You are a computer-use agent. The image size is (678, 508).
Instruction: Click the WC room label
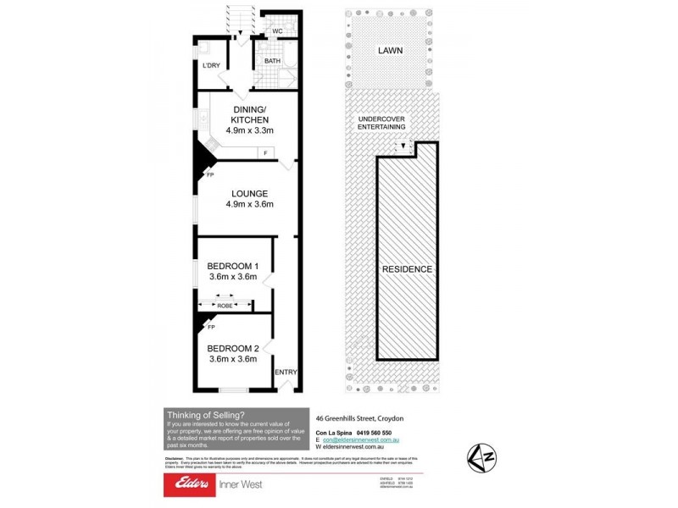(x=275, y=32)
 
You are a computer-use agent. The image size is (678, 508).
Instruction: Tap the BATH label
(x=272, y=61)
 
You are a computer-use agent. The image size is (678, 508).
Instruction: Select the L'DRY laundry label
(x=211, y=66)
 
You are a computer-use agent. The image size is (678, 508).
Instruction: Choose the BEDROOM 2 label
(x=233, y=348)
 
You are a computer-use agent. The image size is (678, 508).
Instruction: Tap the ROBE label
(x=225, y=306)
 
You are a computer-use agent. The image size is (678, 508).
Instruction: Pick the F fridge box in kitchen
(x=266, y=152)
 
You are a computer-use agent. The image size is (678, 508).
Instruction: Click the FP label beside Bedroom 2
(x=211, y=326)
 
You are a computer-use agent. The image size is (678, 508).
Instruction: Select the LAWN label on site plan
(x=391, y=51)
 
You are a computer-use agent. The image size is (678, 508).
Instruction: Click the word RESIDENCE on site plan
(x=407, y=269)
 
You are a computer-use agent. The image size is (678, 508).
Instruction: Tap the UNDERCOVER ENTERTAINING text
(x=382, y=123)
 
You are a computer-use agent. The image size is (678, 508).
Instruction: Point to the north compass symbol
(x=482, y=458)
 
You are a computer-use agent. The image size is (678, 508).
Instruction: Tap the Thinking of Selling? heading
(x=206, y=414)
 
